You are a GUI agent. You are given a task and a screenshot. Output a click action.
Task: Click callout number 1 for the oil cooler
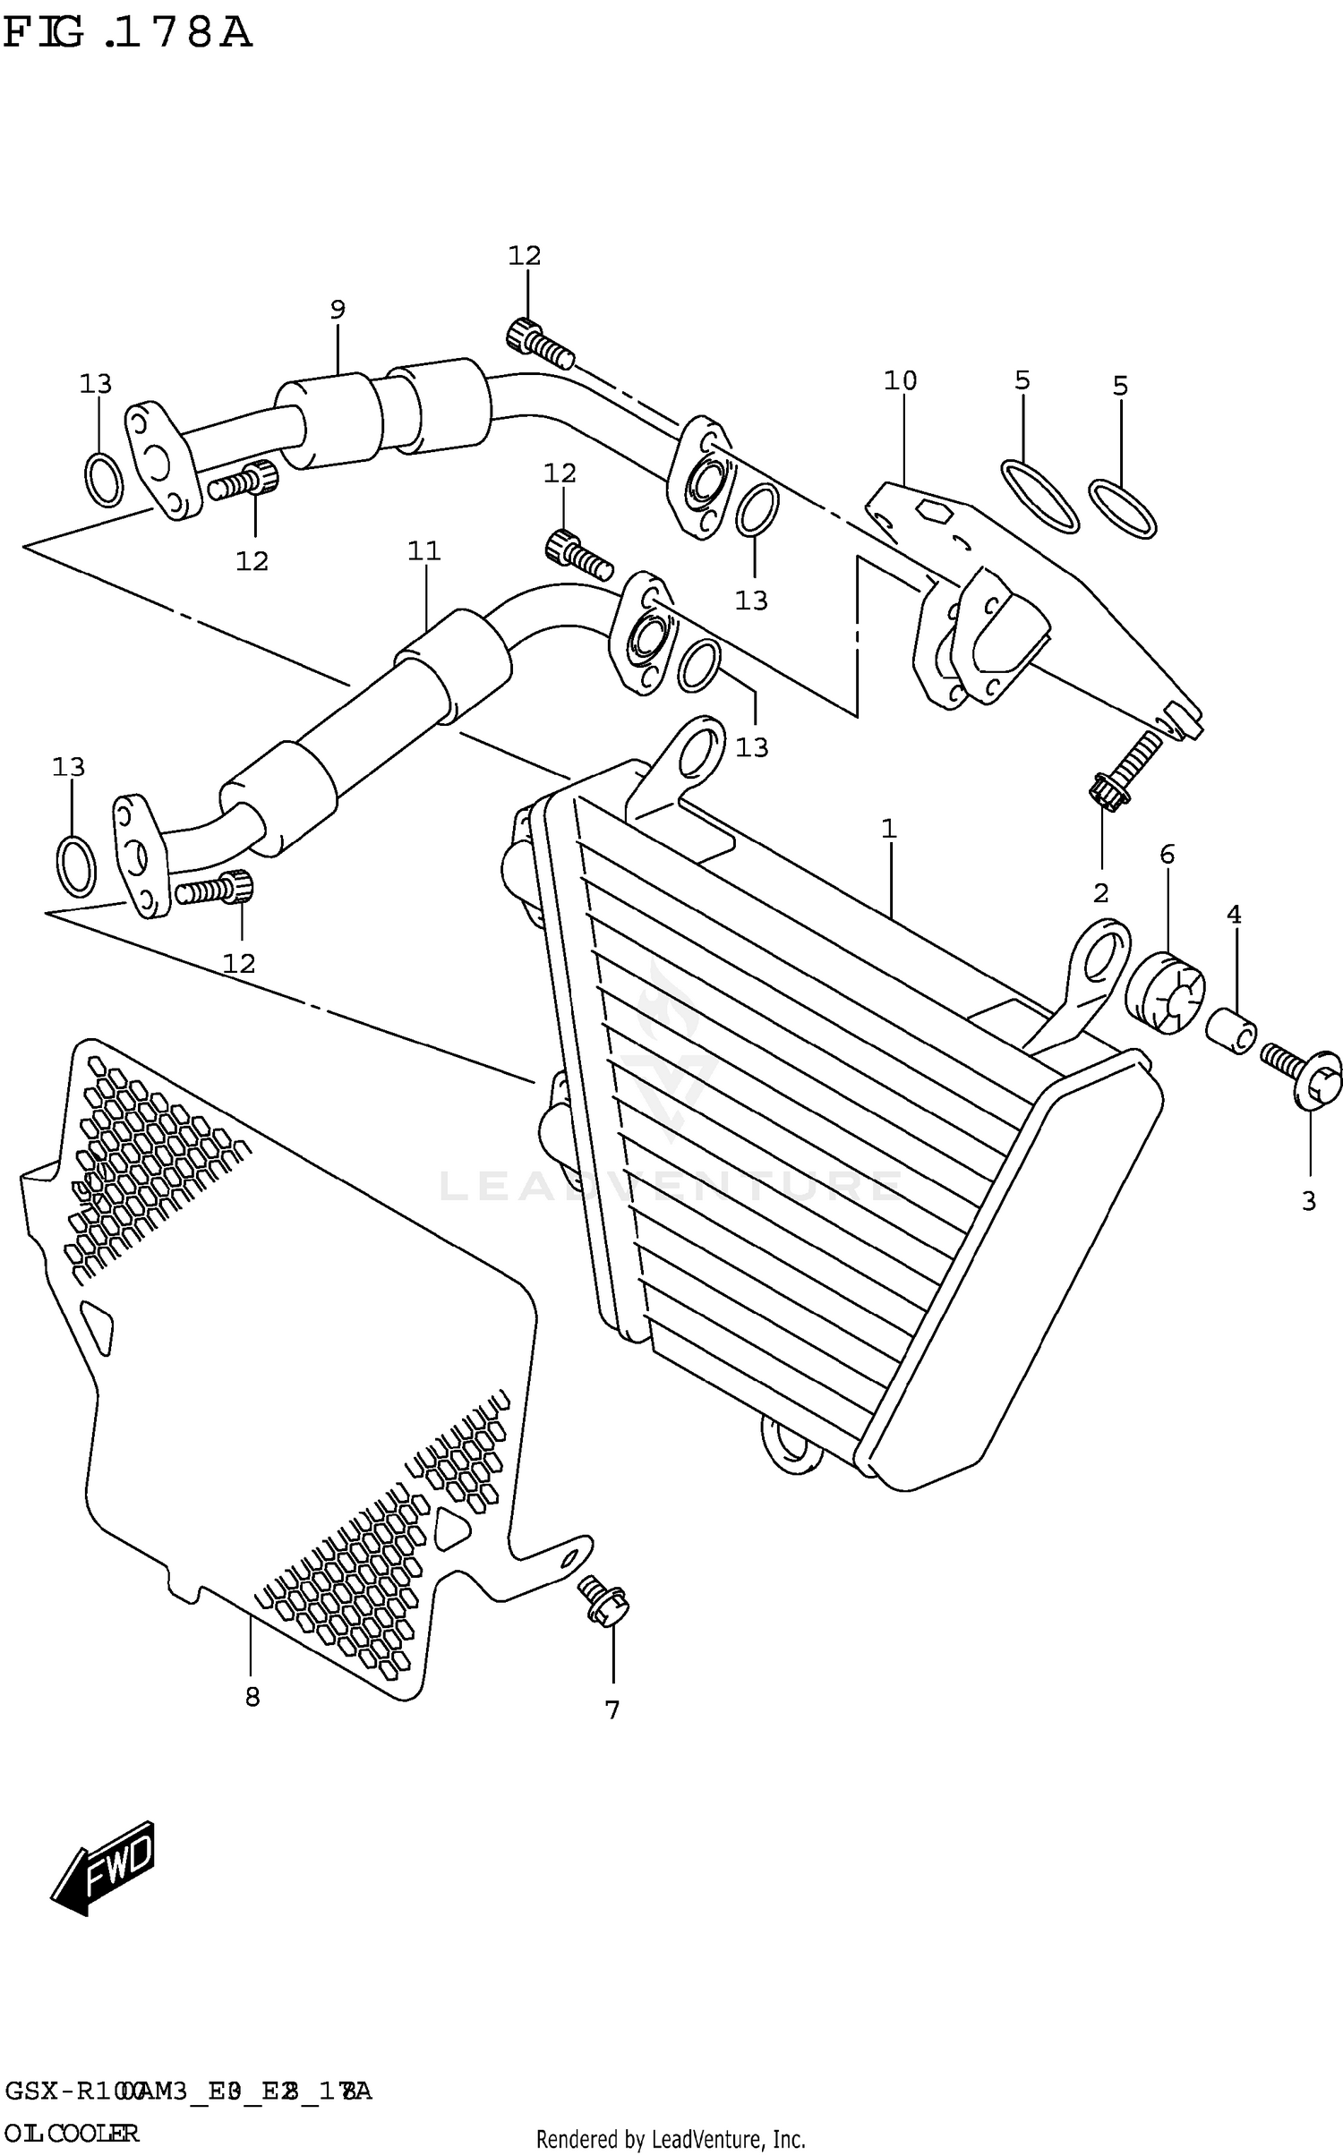click(x=888, y=829)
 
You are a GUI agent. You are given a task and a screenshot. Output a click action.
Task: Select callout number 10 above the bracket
click(x=901, y=381)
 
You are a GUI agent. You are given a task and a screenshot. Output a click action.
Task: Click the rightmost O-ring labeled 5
click(x=1123, y=510)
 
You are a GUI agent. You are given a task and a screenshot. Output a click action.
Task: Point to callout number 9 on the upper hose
click(x=337, y=311)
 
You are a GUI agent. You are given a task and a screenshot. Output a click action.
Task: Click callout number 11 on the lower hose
click(x=424, y=551)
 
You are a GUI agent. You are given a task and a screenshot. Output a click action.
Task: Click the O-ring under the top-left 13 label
click(x=104, y=479)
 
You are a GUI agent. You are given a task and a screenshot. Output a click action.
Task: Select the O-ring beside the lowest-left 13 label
click(x=76, y=865)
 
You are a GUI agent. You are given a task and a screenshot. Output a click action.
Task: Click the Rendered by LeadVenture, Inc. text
click(x=671, y=2139)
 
